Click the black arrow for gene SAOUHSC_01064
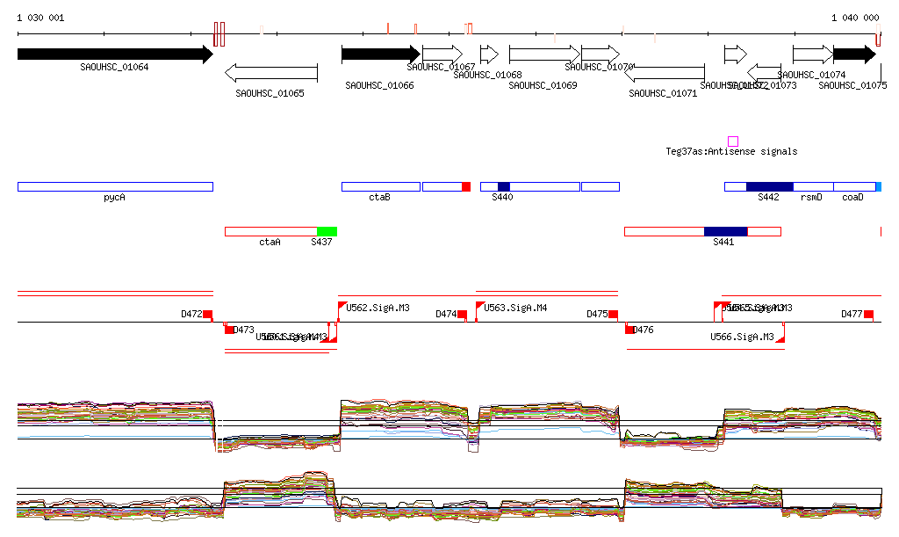(x=114, y=54)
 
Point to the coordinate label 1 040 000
(x=855, y=18)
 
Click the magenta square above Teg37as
(x=733, y=141)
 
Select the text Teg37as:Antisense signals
(x=731, y=152)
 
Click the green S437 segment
(x=327, y=231)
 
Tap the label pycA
(x=114, y=198)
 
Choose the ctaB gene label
(x=379, y=198)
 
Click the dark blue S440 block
(x=503, y=186)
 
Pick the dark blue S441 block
(x=725, y=231)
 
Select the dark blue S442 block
(x=769, y=186)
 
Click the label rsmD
(x=811, y=198)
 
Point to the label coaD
(x=852, y=198)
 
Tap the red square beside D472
(x=208, y=315)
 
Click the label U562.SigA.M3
(x=378, y=308)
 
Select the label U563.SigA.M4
(x=515, y=308)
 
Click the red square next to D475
(x=614, y=315)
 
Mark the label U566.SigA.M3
(x=742, y=337)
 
